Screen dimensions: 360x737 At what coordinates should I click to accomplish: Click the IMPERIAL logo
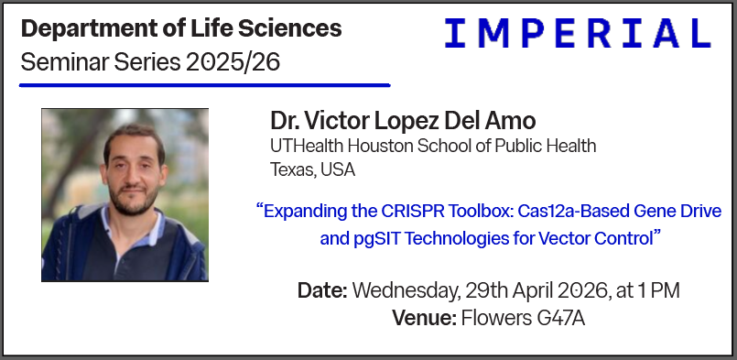click(578, 34)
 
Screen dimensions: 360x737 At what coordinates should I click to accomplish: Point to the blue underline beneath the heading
click(205, 85)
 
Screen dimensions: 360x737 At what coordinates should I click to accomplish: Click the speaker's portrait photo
click(125, 194)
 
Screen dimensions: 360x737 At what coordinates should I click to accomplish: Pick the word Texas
click(291, 169)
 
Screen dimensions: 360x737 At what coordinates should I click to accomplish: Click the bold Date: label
click(321, 291)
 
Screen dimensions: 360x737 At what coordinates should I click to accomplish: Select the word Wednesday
click(399, 291)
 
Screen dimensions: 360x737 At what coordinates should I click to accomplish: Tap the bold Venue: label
click(423, 319)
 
